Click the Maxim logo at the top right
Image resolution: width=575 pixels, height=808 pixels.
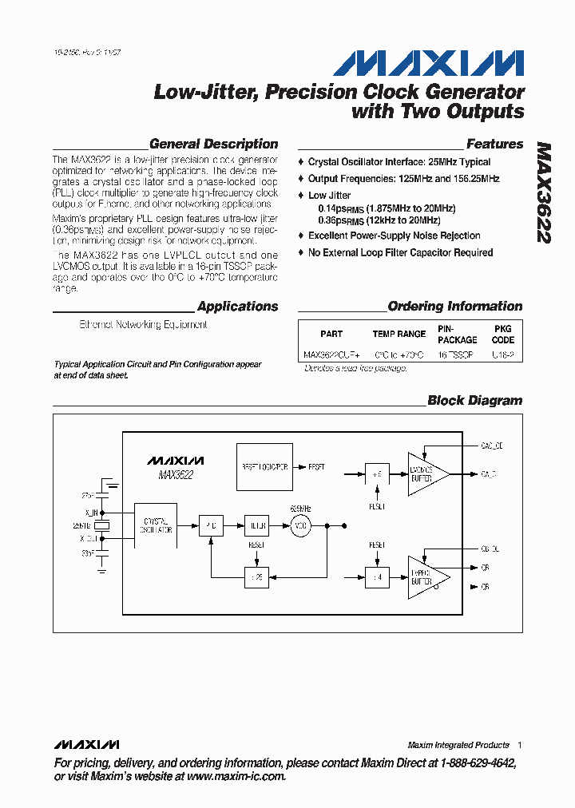click(x=429, y=63)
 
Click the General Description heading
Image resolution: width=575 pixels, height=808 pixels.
click(x=213, y=145)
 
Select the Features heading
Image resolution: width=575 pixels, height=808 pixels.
click(x=494, y=145)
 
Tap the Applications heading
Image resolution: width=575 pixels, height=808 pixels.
click(x=237, y=307)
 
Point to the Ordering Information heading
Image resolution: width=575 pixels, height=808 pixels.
click(x=454, y=307)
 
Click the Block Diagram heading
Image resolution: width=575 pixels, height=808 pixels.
click(x=474, y=401)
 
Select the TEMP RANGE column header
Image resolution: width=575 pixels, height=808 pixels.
click(x=399, y=335)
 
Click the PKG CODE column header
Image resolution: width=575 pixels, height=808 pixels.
click(x=503, y=334)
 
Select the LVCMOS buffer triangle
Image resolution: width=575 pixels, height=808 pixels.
click(x=426, y=474)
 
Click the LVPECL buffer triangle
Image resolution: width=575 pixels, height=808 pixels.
click(x=426, y=576)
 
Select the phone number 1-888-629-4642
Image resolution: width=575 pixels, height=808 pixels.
click(x=476, y=764)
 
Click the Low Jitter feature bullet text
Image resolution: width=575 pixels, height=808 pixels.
click(x=329, y=196)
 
